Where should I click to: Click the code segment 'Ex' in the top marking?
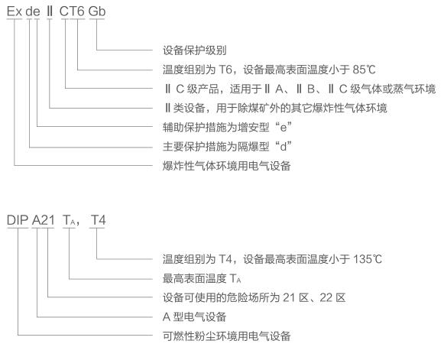(15, 11)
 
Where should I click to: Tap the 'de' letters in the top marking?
(33, 11)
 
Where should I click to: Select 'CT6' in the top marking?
(72, 11)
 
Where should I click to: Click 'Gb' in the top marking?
(97, 11)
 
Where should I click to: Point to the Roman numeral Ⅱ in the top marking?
(50, 11)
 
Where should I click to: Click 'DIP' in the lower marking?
(18, 220)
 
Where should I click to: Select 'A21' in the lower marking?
(43, 220)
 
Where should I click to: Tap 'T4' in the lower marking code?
(99, 220)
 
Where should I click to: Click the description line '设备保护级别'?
(195, 50)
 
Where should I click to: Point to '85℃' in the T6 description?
(364, 70)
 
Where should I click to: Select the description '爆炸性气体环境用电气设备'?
(226, 166)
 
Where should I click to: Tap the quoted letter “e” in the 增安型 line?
(284, 127)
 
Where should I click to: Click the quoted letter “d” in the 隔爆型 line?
(284, 147)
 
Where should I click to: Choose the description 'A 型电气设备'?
(194, 316)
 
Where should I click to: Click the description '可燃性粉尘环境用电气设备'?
(226, 336)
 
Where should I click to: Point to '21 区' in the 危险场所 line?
(296, 297)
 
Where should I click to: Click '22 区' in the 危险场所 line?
(332, 297)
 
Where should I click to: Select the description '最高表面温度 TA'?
(202, 278)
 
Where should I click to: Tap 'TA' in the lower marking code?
(69, 220)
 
